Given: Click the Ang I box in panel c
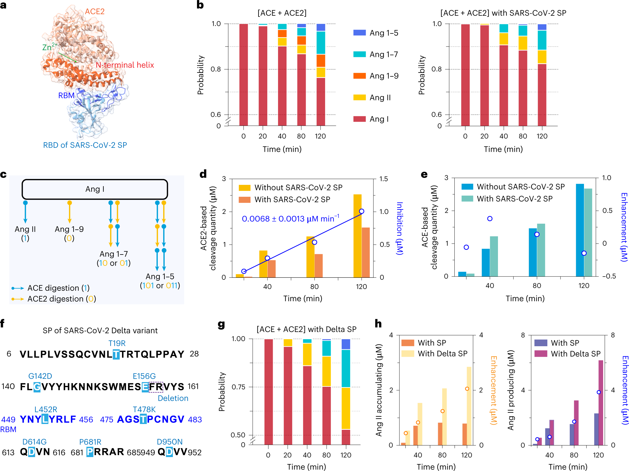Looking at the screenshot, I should (95, 189).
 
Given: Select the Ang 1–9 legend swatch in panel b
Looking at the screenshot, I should (359, 76).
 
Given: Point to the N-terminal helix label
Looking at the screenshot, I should (125, 65).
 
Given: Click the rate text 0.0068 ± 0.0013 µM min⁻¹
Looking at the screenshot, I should (290, 219).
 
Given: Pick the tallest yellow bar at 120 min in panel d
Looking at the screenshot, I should (357, 236).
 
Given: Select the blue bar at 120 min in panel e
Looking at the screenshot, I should (580, 230).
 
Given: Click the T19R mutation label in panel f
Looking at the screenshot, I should (117, 343).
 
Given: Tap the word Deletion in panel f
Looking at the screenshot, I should (173, 398).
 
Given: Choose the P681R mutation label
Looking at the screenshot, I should (90, 442).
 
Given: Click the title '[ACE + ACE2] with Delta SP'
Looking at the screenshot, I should (306, 329).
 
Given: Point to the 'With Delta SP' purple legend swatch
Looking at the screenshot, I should (541, 354).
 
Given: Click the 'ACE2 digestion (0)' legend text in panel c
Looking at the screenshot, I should (62, 299).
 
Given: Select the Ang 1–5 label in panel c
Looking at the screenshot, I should (160, 276).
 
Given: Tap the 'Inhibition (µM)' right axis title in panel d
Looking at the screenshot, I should (400, 228).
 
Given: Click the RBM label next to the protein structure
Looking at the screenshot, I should (66, 95).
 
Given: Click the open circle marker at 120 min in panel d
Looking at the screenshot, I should (361, 211).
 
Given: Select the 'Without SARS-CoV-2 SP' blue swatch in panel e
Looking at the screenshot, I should (467, 187).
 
